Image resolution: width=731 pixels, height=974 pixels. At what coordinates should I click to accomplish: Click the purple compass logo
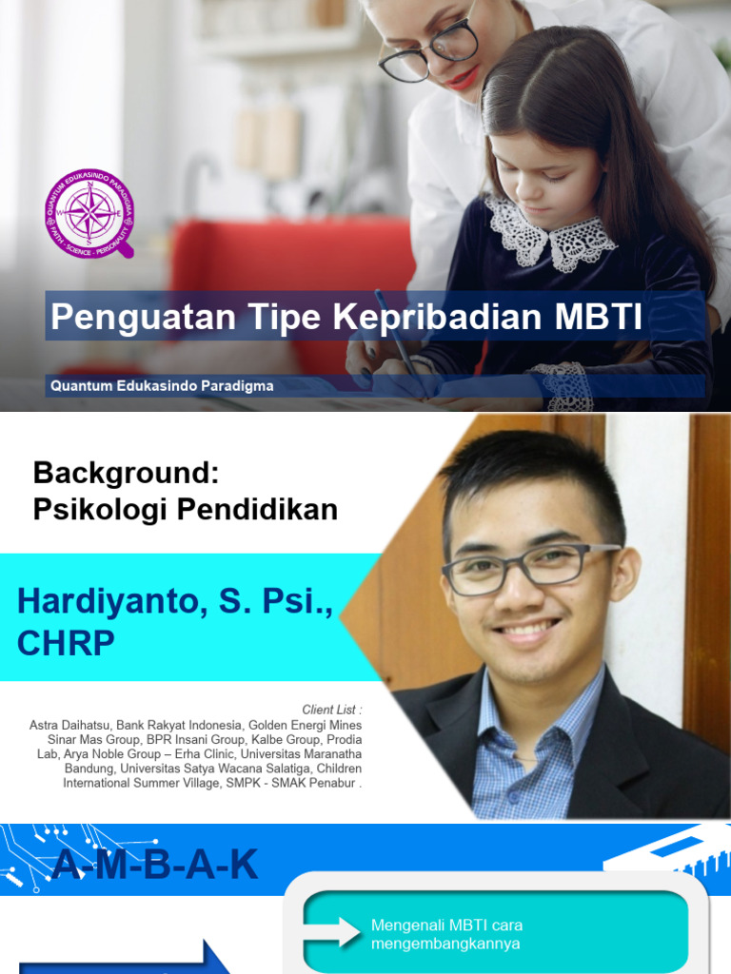tap(89, 212)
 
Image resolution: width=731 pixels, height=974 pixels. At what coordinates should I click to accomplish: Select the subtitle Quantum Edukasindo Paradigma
tap(163, 386)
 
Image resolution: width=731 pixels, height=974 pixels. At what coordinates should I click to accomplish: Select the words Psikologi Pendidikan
tap(185, 510)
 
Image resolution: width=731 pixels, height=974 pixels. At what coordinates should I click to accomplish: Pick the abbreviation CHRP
tap(66, 643)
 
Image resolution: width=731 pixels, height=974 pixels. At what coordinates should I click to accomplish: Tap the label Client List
tap(331, 710)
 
